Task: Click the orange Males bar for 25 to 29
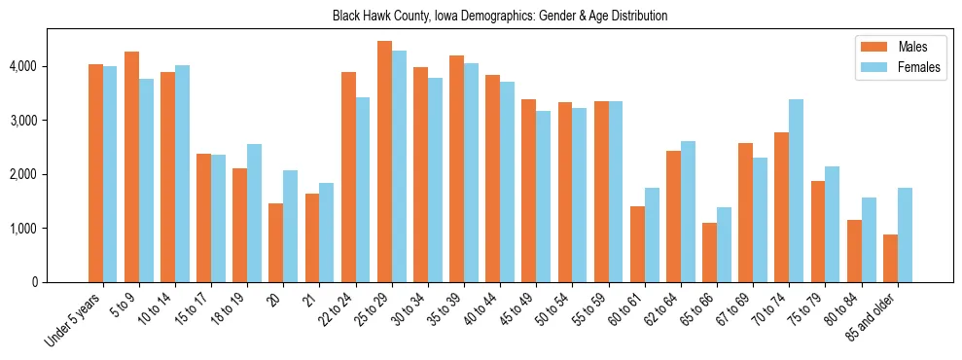click(x=384, y=162)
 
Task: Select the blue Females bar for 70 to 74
click(x=796, y=191)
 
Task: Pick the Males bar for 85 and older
click(x=890, y=258)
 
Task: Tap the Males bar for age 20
click(x=276, y=242)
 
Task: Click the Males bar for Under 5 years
click(x=95, y=173)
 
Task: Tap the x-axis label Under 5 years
click(x=72, y=320)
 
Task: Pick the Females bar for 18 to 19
click(x=254, y=213)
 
